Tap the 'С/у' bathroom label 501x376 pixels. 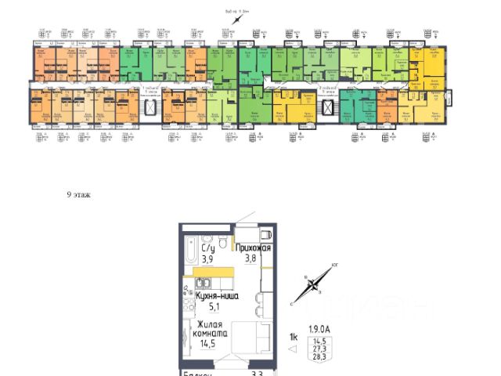207,248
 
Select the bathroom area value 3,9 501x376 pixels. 207,259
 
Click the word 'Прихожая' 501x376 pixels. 253,248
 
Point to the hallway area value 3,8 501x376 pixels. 250,259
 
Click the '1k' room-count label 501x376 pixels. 294,338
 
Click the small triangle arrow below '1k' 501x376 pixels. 293,349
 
